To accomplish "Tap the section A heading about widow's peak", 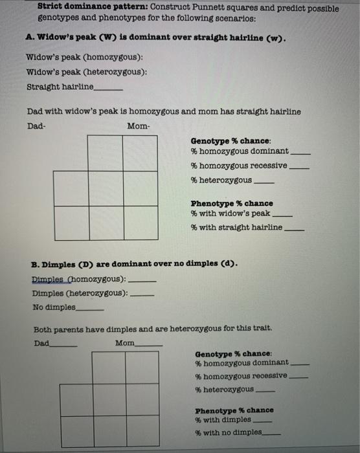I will click(x=156, y=38).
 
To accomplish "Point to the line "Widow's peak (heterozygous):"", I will click(x=86, y=72).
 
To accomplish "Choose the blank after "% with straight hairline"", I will click(x=295, y=228).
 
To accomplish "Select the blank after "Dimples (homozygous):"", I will click(x=143, y=281).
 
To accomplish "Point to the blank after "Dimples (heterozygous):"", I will click(x=143, y=294).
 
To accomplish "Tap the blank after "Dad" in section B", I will click(x=63, y=344).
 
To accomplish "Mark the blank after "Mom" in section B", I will click(x=149, y=344).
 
